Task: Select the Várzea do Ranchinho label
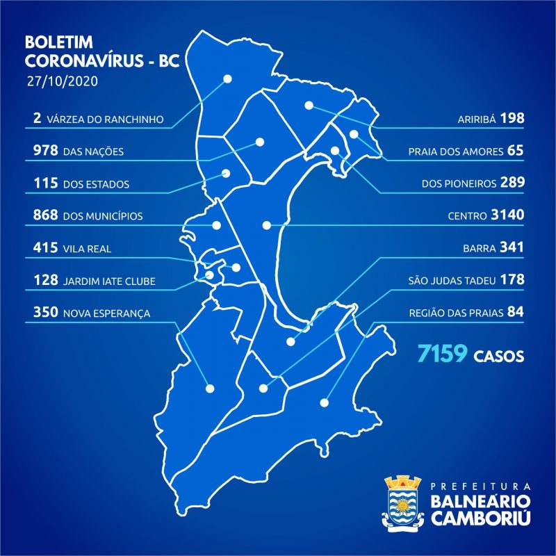coord(106,119)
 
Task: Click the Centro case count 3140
coord(507,215)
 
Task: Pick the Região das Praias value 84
coord(515,313)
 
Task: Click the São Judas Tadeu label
coord(452,281)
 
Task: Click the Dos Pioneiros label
coord(459,183)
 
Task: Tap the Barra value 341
coord(511,248)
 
